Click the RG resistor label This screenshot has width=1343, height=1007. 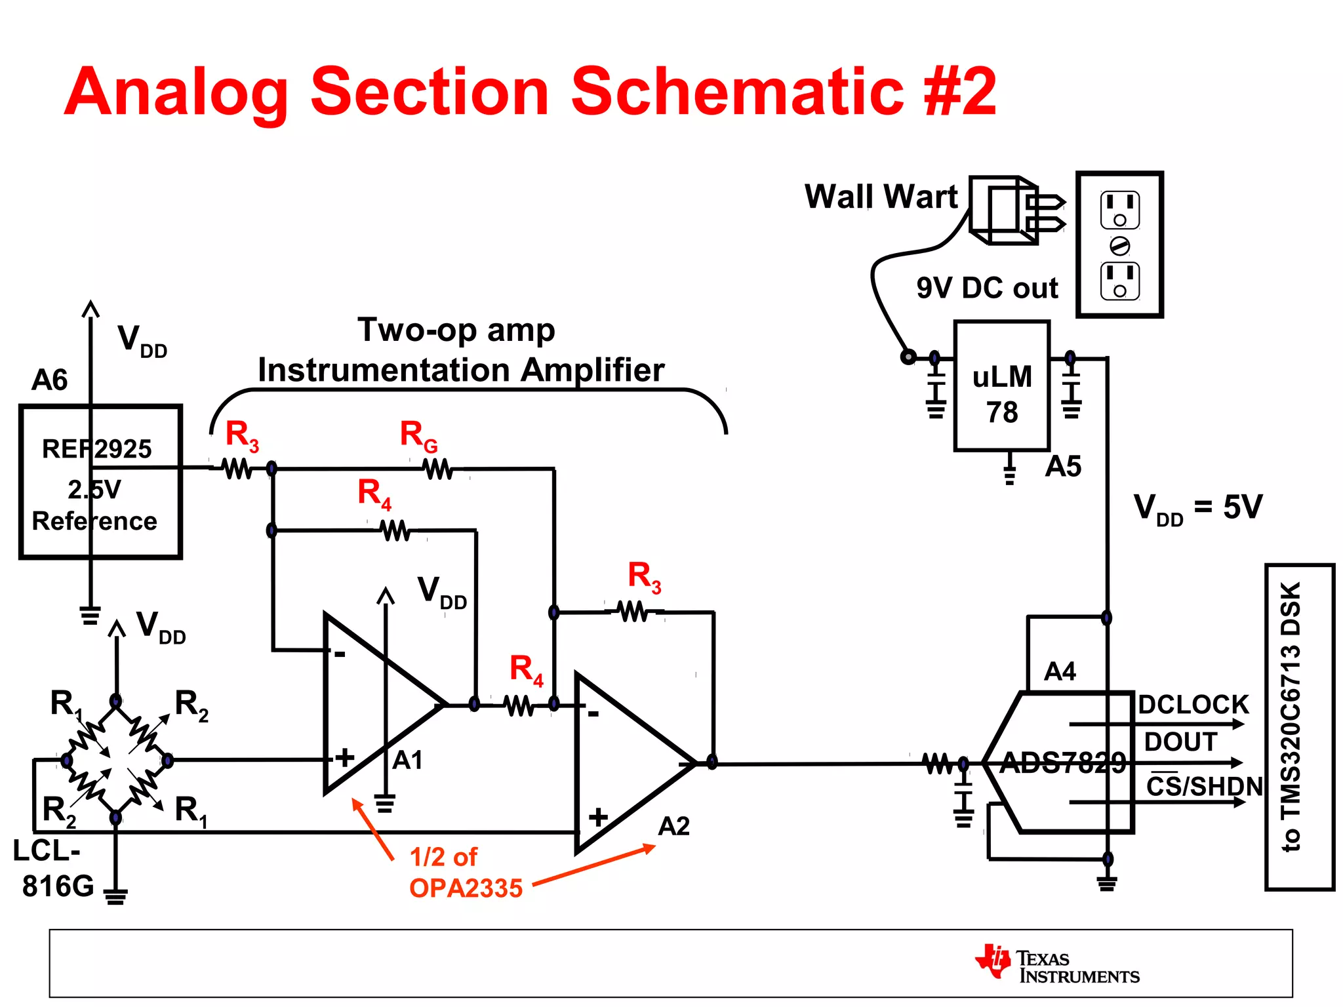(418, 436)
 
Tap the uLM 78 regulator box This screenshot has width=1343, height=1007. (1001, 386)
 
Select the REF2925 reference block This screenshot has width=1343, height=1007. (100, 482)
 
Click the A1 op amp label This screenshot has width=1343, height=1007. (407, 760)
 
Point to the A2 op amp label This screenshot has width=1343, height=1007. (673, 827)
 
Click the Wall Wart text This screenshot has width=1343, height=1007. (881, 197)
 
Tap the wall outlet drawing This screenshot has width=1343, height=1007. (1119, 245)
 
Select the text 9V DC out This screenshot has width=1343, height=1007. (987, 288)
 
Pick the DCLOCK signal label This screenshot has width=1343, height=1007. (1193, 705)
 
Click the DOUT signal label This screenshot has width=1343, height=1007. (1180, 742)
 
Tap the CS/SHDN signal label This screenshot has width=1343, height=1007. (1204, 786)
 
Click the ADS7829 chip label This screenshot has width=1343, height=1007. (1063, 763)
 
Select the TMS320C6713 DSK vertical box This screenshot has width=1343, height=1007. (1298, 726)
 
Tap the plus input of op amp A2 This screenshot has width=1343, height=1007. (597, 817)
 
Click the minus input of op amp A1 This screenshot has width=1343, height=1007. (340, 654)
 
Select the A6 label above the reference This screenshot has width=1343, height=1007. (50, 380)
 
